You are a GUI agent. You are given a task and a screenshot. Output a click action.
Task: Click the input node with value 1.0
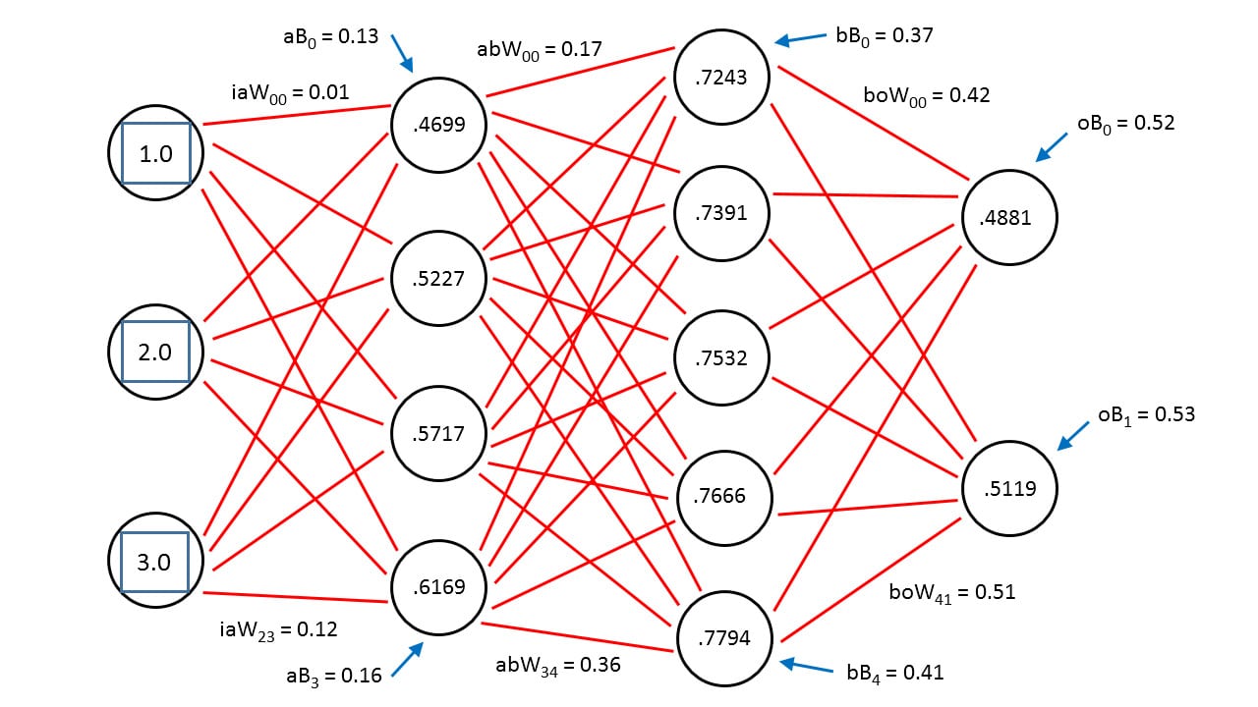[155, 152]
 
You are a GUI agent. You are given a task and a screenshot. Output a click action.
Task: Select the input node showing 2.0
[155, 352]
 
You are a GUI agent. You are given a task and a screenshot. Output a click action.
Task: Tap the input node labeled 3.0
[155, 560]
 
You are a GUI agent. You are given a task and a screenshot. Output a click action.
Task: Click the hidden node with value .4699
[438, 125]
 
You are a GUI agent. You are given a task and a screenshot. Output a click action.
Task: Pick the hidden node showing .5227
[438, 278]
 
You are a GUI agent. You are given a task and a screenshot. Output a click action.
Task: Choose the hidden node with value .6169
[438, 587]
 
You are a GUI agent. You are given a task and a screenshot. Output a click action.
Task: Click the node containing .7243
[721, 77]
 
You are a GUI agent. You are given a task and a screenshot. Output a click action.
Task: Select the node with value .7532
[721, 358]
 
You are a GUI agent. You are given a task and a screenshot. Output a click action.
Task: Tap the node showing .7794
[724, 638]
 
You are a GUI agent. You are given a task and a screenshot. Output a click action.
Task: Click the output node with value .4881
[1009, 217]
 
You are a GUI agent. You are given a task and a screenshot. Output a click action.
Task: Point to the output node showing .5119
[1009, 488]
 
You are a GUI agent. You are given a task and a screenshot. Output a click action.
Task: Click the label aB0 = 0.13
[331, 37]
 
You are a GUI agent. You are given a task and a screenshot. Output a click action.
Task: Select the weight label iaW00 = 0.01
[290, 93]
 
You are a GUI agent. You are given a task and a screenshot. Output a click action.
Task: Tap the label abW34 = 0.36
[557, 666]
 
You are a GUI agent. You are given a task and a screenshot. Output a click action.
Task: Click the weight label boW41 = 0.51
[952, 593]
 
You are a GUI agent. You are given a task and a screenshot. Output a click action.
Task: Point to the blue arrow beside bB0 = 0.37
[800, 38]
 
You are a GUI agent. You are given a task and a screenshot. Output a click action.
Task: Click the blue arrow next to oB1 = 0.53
[1073, 436]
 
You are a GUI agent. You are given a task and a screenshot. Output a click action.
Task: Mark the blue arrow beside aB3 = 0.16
[407, 659]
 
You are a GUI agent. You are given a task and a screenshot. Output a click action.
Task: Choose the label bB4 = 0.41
[895, 674]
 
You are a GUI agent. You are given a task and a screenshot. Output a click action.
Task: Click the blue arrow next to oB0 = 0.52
[1052, 147]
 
